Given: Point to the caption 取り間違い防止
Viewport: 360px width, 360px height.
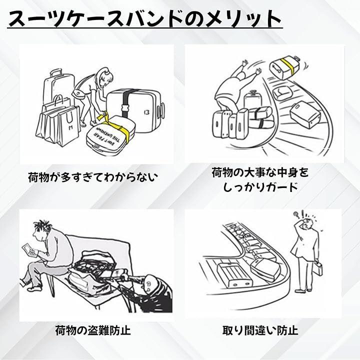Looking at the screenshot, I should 260,330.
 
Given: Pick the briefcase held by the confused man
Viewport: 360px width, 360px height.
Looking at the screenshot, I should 318,270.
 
